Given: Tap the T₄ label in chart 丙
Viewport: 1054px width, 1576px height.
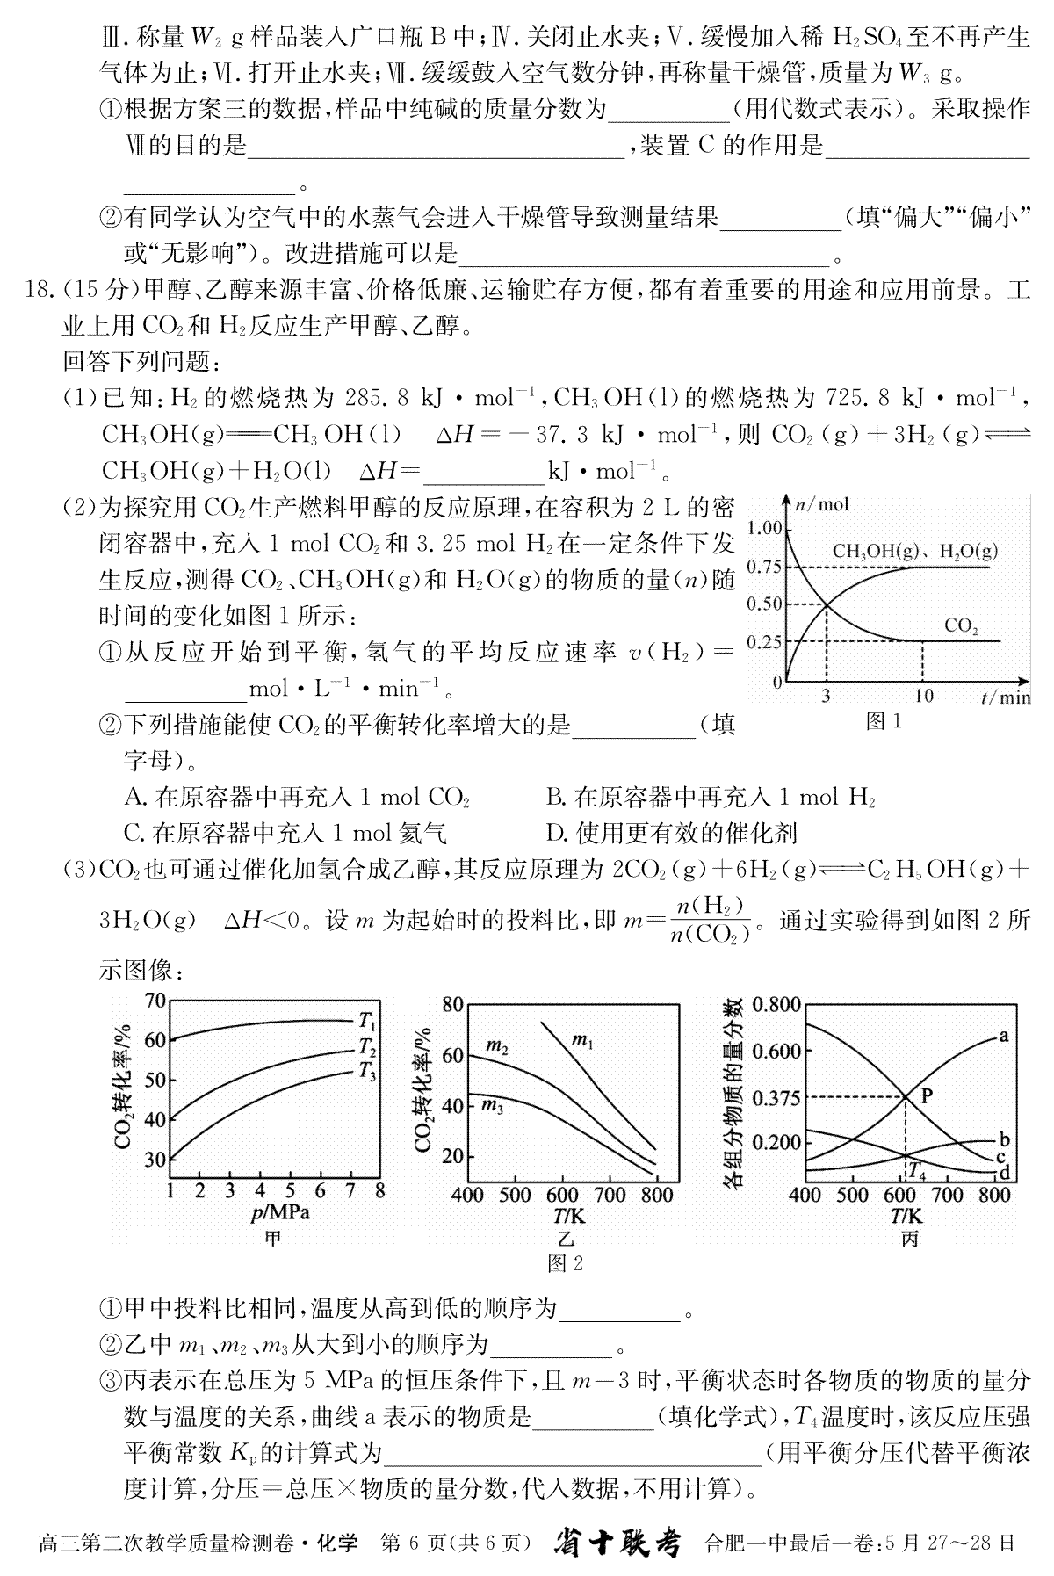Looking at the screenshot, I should point(916,1170).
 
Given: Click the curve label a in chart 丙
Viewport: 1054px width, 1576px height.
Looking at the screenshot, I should point(1003,1036).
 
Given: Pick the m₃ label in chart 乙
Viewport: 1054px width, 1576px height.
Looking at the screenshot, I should point(493,1106).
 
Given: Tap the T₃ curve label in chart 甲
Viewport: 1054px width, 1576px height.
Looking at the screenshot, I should point(368,1070).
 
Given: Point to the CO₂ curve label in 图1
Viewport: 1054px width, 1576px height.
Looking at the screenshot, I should point(961,626).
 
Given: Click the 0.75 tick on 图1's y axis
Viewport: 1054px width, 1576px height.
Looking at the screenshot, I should point(764,567).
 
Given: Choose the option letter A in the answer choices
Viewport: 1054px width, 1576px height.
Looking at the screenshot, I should point(134,798).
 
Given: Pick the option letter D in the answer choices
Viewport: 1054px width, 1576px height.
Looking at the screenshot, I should point(554,832).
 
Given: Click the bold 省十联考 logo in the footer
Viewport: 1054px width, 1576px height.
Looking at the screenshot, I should point(617,1543).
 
